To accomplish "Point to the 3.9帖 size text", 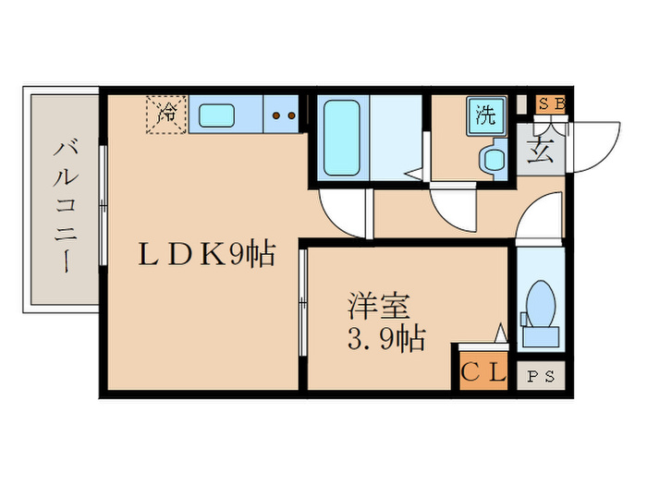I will point(385,339).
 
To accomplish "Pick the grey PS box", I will point(538,376).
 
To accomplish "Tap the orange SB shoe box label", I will point(552,103).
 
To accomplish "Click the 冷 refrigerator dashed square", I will point(167,115).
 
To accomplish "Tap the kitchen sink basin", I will point(219,115).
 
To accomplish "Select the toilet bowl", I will point(538,302).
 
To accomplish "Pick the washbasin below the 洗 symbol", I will point(492,160).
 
